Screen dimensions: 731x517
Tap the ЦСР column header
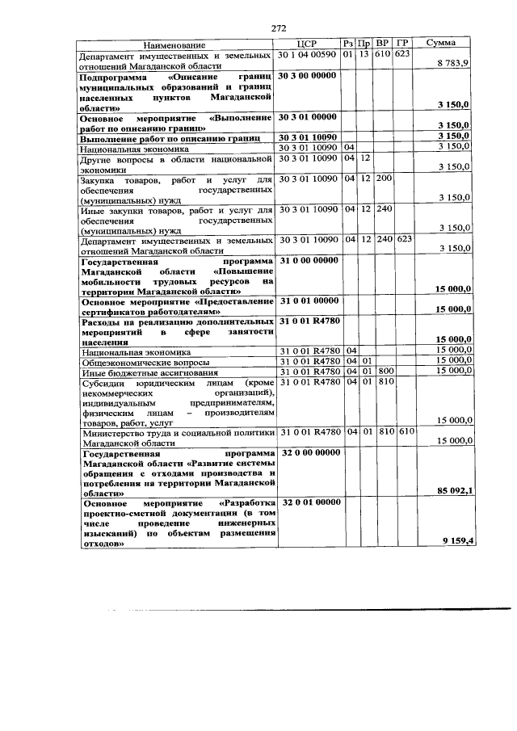coord(308,44)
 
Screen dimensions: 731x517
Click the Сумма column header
coord(443,44)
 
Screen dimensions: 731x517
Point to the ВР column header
coord(383,44)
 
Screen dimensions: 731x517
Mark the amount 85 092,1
coord(453,489)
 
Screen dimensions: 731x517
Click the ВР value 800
coord(383,371)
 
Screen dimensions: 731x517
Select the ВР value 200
coord(383,179)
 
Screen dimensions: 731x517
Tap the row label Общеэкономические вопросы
coord(145,362)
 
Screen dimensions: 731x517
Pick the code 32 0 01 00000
coord(308,502)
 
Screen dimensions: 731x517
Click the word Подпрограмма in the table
coord(114,75)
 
